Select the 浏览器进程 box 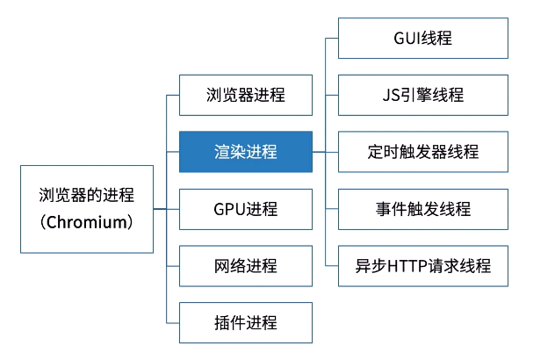coord(245,95)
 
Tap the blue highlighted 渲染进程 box coord(245,152)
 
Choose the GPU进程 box coord(245,209)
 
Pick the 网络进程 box coord(245,266)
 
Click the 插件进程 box coord(245,322)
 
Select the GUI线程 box coord(423,38)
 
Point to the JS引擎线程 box coord(423,95)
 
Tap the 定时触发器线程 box coord(423,152)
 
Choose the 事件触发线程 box coord(423,209)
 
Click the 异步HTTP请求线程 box coord(423,265)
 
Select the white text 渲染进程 coord(245,152)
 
